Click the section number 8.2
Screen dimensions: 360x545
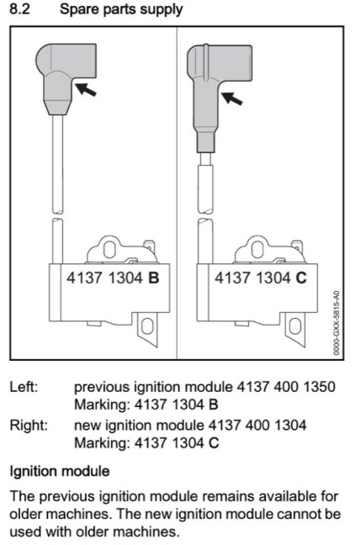tap(19, 8)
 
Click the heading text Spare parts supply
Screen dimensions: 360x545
tap(121, 10)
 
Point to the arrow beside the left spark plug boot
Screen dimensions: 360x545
tap(86, 89)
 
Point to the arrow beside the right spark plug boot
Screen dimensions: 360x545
tap(232, 98)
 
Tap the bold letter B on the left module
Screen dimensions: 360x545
tap(154, 278)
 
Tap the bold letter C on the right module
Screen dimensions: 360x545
tap(301, 278)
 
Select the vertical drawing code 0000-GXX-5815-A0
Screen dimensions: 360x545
tap(336, 323)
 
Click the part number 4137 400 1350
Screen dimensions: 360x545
tap(286, 387)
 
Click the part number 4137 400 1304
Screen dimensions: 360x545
tap(257, 425)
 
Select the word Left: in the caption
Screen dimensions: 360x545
tap(24, 387)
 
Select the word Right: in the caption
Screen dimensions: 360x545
tap(29, 426)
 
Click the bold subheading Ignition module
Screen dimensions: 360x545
tap(60, 472)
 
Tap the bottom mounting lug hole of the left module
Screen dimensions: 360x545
tap(147, 326)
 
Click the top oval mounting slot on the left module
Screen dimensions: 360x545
tap(109, 249)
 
